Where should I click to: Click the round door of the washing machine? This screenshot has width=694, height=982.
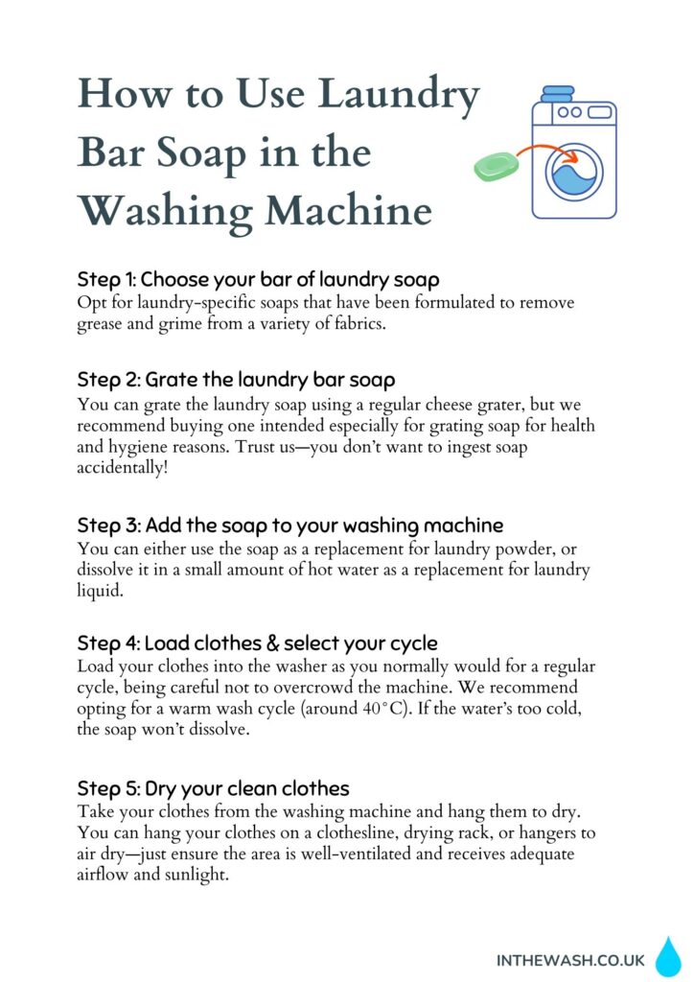point(574,172)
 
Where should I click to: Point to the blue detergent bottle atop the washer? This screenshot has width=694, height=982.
point(557,94)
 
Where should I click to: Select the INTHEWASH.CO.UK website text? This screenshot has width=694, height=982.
point(570,959)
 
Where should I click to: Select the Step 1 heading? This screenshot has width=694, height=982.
point(258,280)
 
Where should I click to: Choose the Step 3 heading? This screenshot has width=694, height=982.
point(289,526)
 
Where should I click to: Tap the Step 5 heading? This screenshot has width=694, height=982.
point(213,789)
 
